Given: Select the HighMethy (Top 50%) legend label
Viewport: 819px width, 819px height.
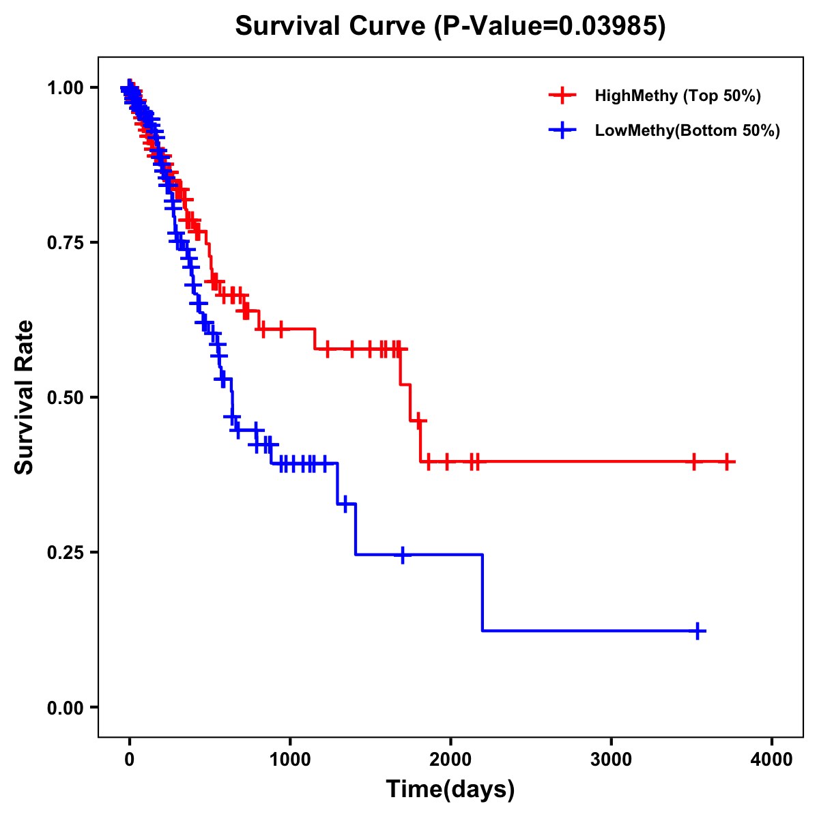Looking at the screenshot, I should pyautogui.click(x=677, y=96).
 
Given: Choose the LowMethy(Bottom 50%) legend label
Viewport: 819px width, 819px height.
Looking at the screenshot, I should pyautogui.click(x=687, y=130).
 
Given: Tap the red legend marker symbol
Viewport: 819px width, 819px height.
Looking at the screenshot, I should pyautogui.click(x=562, y=96).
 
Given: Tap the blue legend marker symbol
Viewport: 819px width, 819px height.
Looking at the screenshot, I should pyautogui.click(x=562, y=130).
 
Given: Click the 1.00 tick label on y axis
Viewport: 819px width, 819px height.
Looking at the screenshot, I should pyautogui.click(x=65, y=88).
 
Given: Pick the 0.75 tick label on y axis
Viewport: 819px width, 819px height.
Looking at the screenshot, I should pyautogui.click(x=65, y=243).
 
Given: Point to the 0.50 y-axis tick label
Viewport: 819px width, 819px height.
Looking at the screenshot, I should pyautogui.click(x=65, y=398).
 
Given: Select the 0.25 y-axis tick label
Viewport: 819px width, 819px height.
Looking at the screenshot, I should pyautogui.click(x=65, y=553).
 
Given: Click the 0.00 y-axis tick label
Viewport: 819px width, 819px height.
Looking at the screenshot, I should pyautogui.click(x=65, y=708).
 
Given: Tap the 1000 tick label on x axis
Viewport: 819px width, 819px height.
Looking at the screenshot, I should pyautogui.click(x=290, y=760).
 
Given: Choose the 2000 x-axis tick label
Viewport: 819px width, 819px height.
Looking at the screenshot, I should pyautogui.click(x=450, y=760).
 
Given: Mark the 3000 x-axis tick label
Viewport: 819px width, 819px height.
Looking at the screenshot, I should pyautogui.click(x=612, y=760).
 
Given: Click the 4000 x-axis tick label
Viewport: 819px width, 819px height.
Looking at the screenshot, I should pyautogui.click(x=772, y=760).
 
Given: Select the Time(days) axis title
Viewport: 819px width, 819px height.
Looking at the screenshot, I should pyautogui.click(x=450, y=790).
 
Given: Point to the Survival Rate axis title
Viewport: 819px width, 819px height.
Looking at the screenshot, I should pyautogui.click(x=25, y=397).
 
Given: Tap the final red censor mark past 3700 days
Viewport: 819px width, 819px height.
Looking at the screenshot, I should pyautogui.click(x=728, y=462).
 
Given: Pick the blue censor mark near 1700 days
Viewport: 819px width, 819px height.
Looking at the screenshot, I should pyautogui.click(x=403, y=555).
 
